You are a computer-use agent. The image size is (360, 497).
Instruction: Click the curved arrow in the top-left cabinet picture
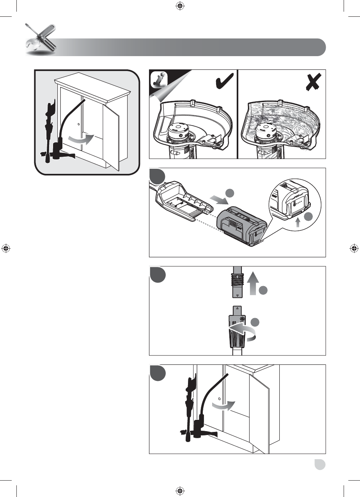[x=82, y=139]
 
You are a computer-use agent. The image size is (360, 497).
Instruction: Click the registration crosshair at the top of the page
[x=180, y=6]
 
